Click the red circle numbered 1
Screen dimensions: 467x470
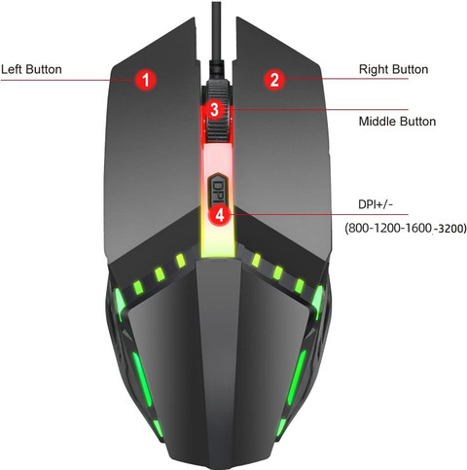tap(146, 80)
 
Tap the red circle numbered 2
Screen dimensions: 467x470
tap(274, 79)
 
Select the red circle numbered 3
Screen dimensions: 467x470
tap(215, 110)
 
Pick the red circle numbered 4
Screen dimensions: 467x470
tap(220, 215)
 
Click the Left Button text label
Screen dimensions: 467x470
tap(31, 69)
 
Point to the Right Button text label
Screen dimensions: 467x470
tap(393, 69)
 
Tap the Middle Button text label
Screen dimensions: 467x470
tap(397, 122)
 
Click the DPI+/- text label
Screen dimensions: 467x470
tap(376, 204)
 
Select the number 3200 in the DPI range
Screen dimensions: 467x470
tap(452, 229)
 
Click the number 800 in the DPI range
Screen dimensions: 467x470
tap(358, 229)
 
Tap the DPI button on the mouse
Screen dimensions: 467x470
tap(217, 189)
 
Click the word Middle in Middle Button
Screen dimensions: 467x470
tap(377, 122)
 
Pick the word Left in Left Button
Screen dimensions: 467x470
tap(12, 69)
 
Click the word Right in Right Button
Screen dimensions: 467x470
tap(374, 69)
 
